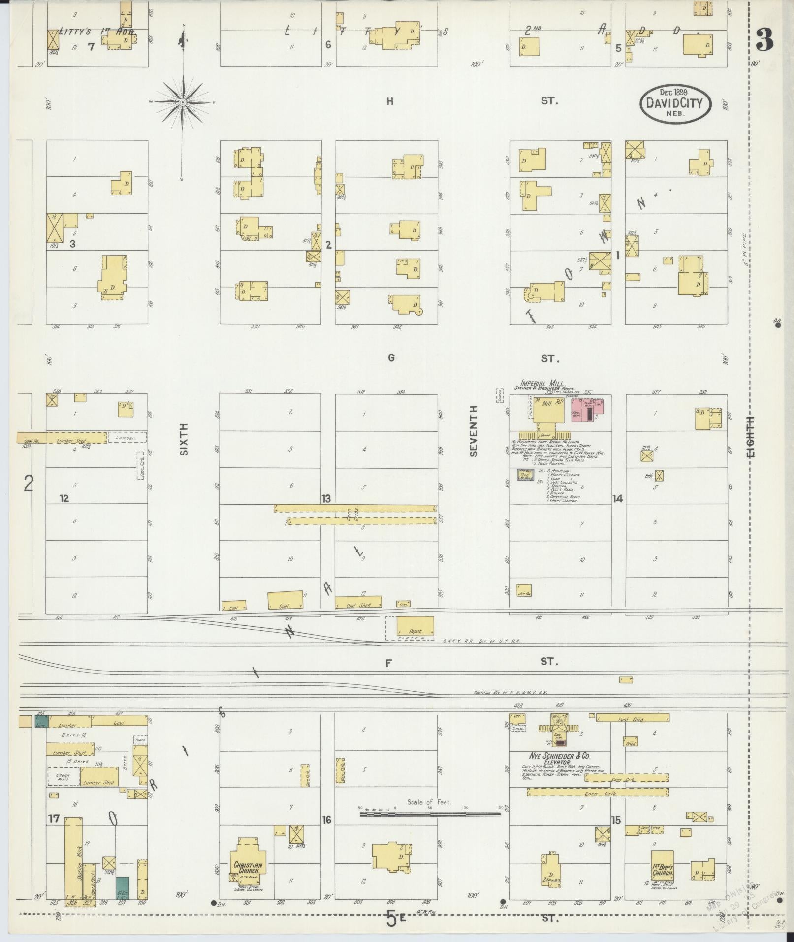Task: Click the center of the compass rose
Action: pos(182,102)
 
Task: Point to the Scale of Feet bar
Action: pos(430,814)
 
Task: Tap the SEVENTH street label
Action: pos(474,431)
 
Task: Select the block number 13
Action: pos(326,499)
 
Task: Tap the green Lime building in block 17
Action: pos(41,722)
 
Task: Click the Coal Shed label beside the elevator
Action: pos(631,720)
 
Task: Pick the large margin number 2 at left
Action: pos(29,484)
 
